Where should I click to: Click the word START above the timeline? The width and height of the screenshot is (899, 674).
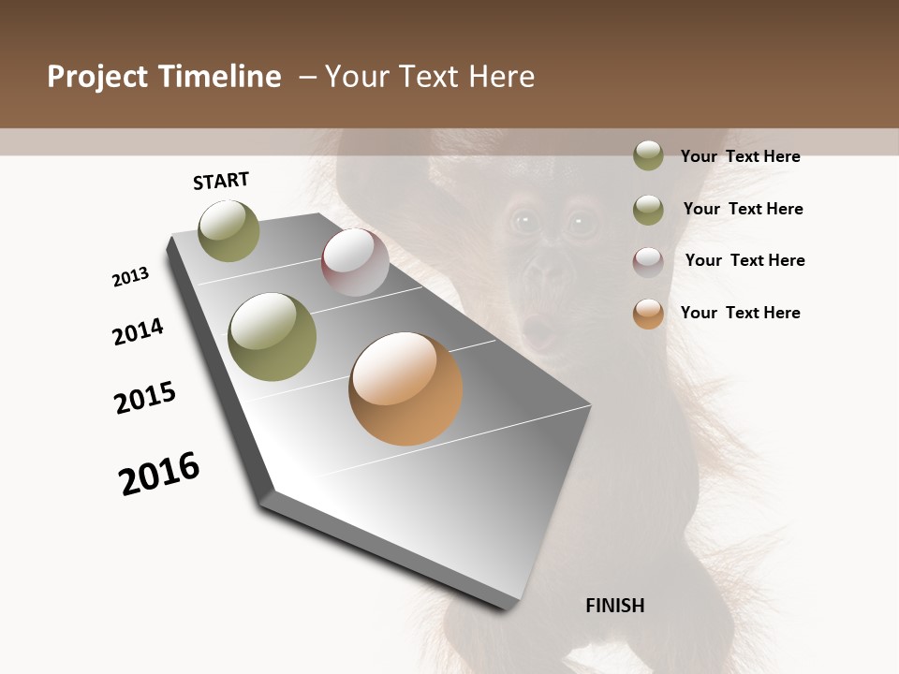221,181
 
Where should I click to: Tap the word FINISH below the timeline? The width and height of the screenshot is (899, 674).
615,606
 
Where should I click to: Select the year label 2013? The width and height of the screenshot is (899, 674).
130,277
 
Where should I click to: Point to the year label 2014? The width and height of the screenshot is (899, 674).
138,331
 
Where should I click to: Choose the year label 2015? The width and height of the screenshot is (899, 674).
145,398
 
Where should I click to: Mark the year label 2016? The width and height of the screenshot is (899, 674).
159,474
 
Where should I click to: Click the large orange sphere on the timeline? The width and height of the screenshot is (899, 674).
405,388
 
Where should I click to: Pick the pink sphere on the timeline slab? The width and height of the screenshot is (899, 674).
355,262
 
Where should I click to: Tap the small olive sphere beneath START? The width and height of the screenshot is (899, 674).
229,230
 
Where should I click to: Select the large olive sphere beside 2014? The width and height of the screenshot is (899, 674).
273,337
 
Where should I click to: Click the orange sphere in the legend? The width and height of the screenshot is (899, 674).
648,314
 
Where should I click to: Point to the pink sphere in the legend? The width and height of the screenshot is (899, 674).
648,261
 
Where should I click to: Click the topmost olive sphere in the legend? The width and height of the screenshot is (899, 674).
648,155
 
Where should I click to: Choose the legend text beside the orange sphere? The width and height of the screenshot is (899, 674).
740,313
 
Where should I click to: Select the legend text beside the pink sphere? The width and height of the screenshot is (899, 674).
744,260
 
